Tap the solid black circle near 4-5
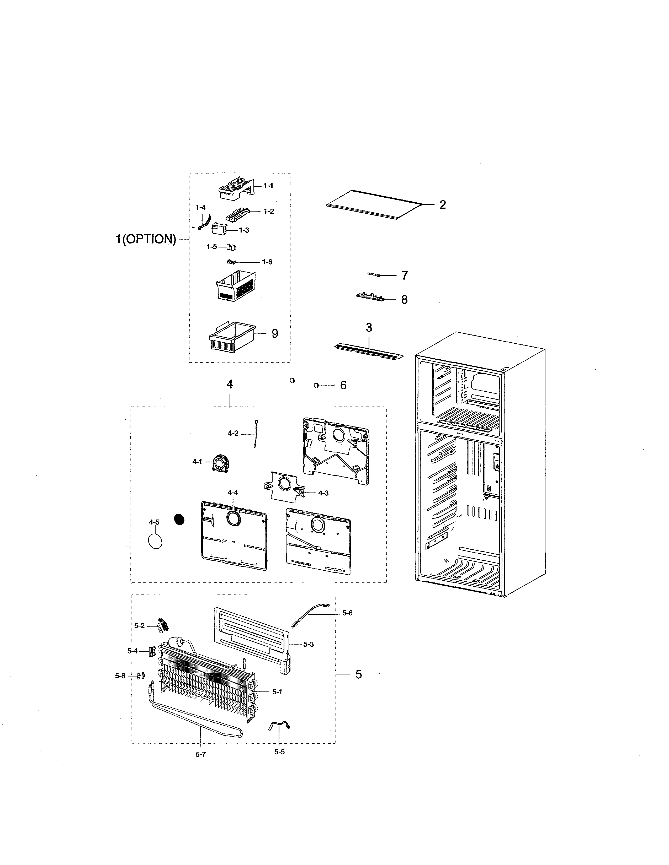[179, 519]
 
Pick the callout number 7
[404, 275]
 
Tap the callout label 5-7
[200, 754]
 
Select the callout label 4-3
[323, 493]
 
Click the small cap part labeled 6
[316, 385]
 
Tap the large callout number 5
[358, 674]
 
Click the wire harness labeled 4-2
[256, 435]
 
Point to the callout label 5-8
[120, 676]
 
